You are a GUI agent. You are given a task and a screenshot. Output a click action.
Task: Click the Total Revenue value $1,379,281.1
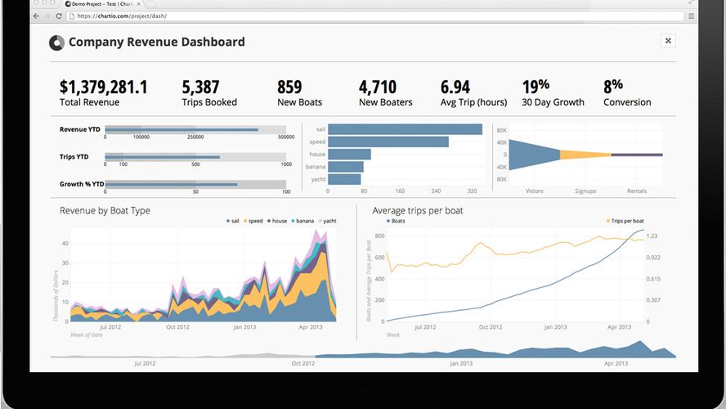click(x=104, y=87)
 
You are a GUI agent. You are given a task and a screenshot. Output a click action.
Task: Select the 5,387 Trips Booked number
click(x=200, y=87)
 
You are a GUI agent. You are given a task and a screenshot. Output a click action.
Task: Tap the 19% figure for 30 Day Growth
click(x=536, y=86)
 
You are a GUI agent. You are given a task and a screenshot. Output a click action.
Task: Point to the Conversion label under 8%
click(x=627, y=102)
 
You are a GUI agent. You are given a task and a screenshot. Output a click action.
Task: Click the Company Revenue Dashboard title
click(x=156, y=43)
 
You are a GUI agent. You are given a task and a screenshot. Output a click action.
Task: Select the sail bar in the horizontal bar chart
click(x=406, y=129)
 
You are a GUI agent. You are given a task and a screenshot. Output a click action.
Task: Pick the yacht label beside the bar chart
click(x=318, y=179)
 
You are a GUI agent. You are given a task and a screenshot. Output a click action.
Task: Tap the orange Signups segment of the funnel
click(x=585, y=154)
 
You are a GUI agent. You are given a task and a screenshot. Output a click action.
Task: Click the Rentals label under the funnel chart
click(x=636, y=191)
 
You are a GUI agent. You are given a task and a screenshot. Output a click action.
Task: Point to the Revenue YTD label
click(x=79, y=129)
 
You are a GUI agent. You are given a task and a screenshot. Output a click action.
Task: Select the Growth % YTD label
click(x=82, y=184)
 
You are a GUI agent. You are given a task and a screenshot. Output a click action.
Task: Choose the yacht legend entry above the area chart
click(x=329, y=221)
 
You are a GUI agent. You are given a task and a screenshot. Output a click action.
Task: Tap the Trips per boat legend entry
click(x=626, y=221)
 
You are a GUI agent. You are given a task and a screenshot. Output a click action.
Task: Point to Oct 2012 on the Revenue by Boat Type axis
click(x=177, y=327)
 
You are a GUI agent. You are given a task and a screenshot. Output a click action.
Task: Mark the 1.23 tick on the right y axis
click(x=652, y=236)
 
